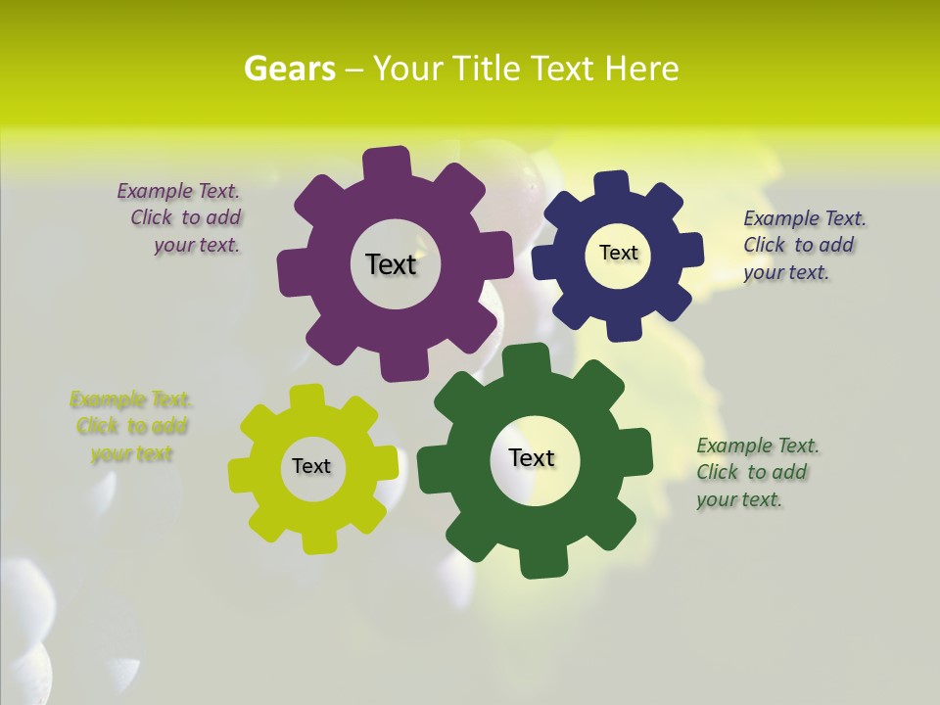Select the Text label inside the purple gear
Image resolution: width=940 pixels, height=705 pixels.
click(391, 264)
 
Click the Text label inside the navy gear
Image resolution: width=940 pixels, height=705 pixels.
click(618, 253)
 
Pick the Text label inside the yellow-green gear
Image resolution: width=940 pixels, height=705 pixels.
click(311, 466)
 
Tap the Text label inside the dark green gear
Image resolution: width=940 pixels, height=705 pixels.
click(532, 457)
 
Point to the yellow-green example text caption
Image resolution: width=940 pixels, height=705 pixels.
click(130, 426)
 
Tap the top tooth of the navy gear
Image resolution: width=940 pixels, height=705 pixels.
click(611, 183)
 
